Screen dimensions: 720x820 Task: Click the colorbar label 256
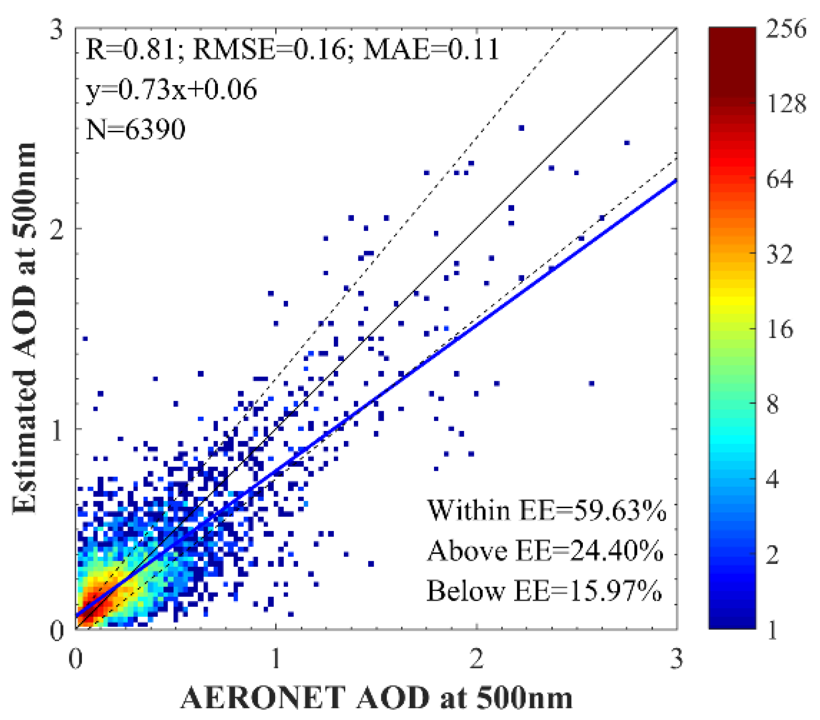[x=786, y=29]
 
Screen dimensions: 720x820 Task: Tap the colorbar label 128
[x=786, y=104]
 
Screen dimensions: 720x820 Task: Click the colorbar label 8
[x=773, y=404]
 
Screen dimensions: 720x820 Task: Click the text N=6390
[x=136, y=129]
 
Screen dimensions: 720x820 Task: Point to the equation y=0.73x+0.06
[x=171, y=89]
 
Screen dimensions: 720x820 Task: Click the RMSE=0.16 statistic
[x=269, y=49]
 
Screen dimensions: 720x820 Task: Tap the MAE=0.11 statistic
[x=430, y=49]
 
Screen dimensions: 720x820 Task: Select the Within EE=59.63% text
[x=546, y=510]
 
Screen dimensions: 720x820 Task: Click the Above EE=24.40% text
[x=545, y=551]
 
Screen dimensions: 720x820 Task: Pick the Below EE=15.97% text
[x=544, y=591]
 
